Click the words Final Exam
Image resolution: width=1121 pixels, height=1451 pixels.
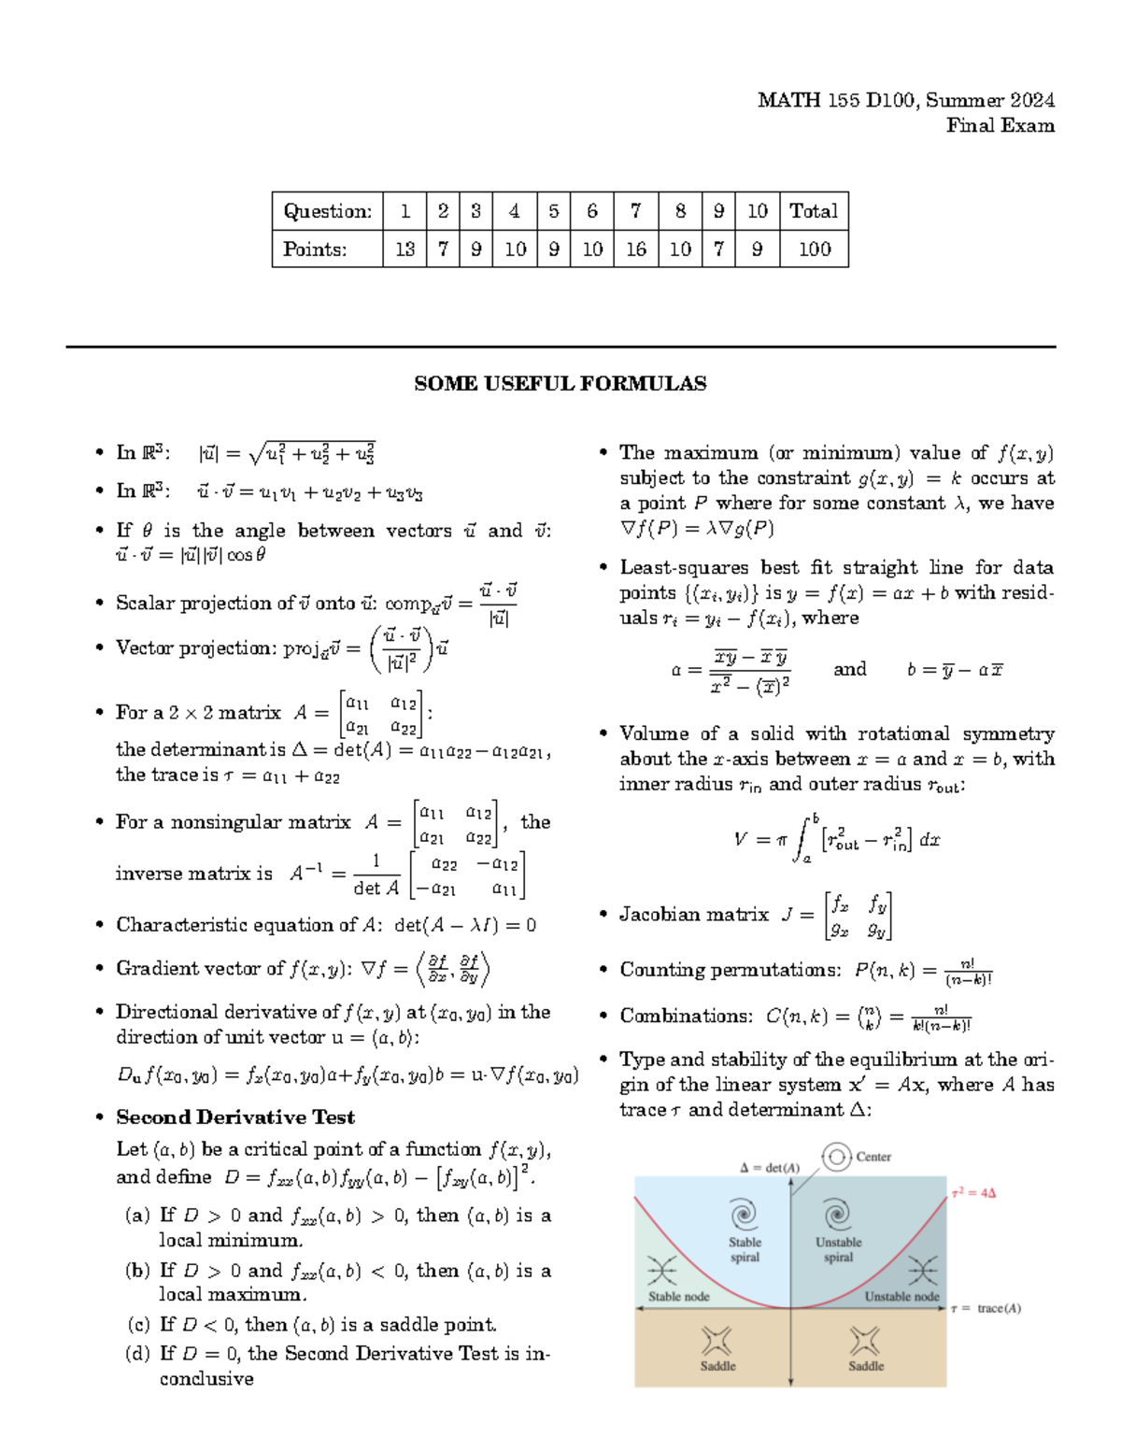(1000, 125)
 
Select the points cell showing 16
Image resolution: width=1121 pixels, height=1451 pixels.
(635, 249)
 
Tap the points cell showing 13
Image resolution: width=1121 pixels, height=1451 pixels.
(404, 249)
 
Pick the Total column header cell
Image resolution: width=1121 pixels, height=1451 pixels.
(814, 211)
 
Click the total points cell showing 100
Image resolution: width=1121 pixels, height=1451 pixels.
(814, 249)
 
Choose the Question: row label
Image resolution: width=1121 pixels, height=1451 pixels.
(327, 211)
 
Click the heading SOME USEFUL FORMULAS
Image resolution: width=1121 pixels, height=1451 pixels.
(560, 383)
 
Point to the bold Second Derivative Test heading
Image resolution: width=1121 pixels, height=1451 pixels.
(235, 1117)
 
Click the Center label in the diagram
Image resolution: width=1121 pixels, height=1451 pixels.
(873, 1157)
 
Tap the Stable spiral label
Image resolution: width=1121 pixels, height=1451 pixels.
(745, 1250)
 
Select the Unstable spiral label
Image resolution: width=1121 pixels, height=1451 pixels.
(838, 1250)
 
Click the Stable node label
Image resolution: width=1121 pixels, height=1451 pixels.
(679, 1297)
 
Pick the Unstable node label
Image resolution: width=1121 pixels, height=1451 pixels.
(901, 1297)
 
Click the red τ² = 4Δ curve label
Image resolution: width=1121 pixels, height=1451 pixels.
(974, 1193)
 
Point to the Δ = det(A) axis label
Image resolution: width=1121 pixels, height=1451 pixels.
(770, 1167)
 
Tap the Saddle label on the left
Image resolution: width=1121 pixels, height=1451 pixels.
(717, 1366)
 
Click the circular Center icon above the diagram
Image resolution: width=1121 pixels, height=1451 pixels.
(836, 1157)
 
